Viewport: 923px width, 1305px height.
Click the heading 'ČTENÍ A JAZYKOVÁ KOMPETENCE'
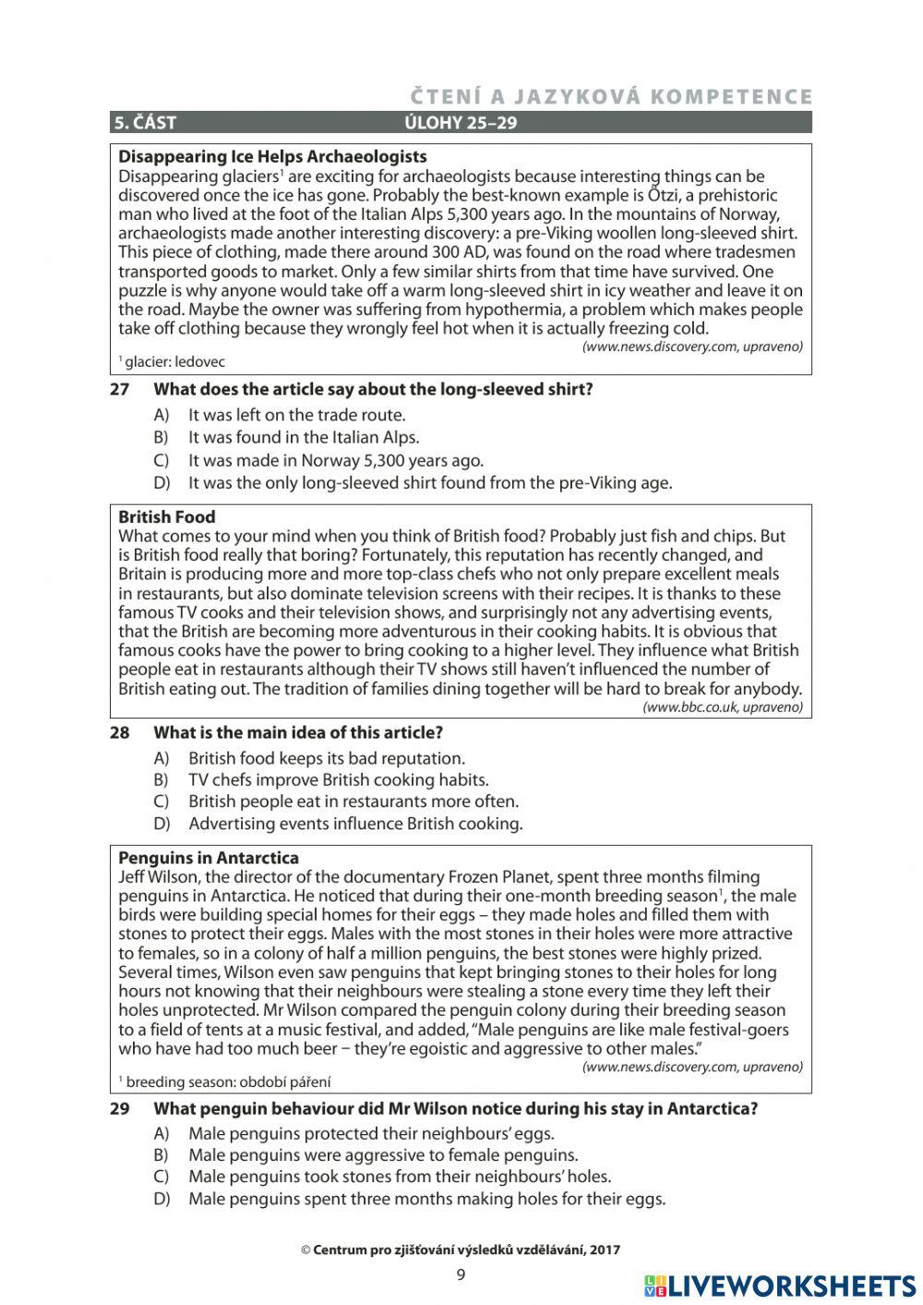point(611,97)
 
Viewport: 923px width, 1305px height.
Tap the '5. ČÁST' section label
point(145,123)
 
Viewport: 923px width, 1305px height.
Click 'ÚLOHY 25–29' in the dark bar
point(461,123)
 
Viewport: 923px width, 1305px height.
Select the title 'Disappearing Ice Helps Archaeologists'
point(272,156)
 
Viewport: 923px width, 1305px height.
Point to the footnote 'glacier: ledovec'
point(174,362)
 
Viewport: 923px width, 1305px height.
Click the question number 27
point(119,389)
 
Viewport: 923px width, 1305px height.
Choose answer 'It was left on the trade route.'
point(296,416)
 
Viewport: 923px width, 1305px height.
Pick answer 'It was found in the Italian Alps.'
point(303,438)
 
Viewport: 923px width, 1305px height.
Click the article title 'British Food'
point(166,517)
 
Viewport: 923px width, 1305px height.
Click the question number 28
point(119,732)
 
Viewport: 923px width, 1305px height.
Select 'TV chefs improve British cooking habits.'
point(338,779)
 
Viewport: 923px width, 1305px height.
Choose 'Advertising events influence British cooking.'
point(355,824)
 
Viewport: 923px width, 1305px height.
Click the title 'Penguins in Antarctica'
point(209,858)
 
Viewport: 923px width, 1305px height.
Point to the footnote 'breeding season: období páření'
point(227,1081)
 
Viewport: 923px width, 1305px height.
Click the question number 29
point(119,1108)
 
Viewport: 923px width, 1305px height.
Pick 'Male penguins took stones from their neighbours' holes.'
point(399,1177)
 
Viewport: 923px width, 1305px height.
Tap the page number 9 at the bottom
point(461,1275)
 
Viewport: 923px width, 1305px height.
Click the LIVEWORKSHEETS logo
point(780,1286)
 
